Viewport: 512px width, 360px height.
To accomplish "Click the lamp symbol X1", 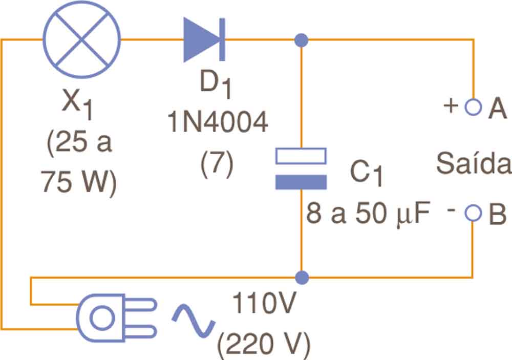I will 81,39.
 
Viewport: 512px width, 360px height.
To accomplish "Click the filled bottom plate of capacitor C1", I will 301,182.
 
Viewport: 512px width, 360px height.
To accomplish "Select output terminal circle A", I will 473,107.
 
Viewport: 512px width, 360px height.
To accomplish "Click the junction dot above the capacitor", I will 302,39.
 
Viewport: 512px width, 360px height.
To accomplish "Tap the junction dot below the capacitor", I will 302,278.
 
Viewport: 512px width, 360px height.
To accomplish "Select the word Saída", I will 473,165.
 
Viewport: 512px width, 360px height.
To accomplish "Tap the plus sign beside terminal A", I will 451,106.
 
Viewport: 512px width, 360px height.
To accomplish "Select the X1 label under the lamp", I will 77,105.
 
